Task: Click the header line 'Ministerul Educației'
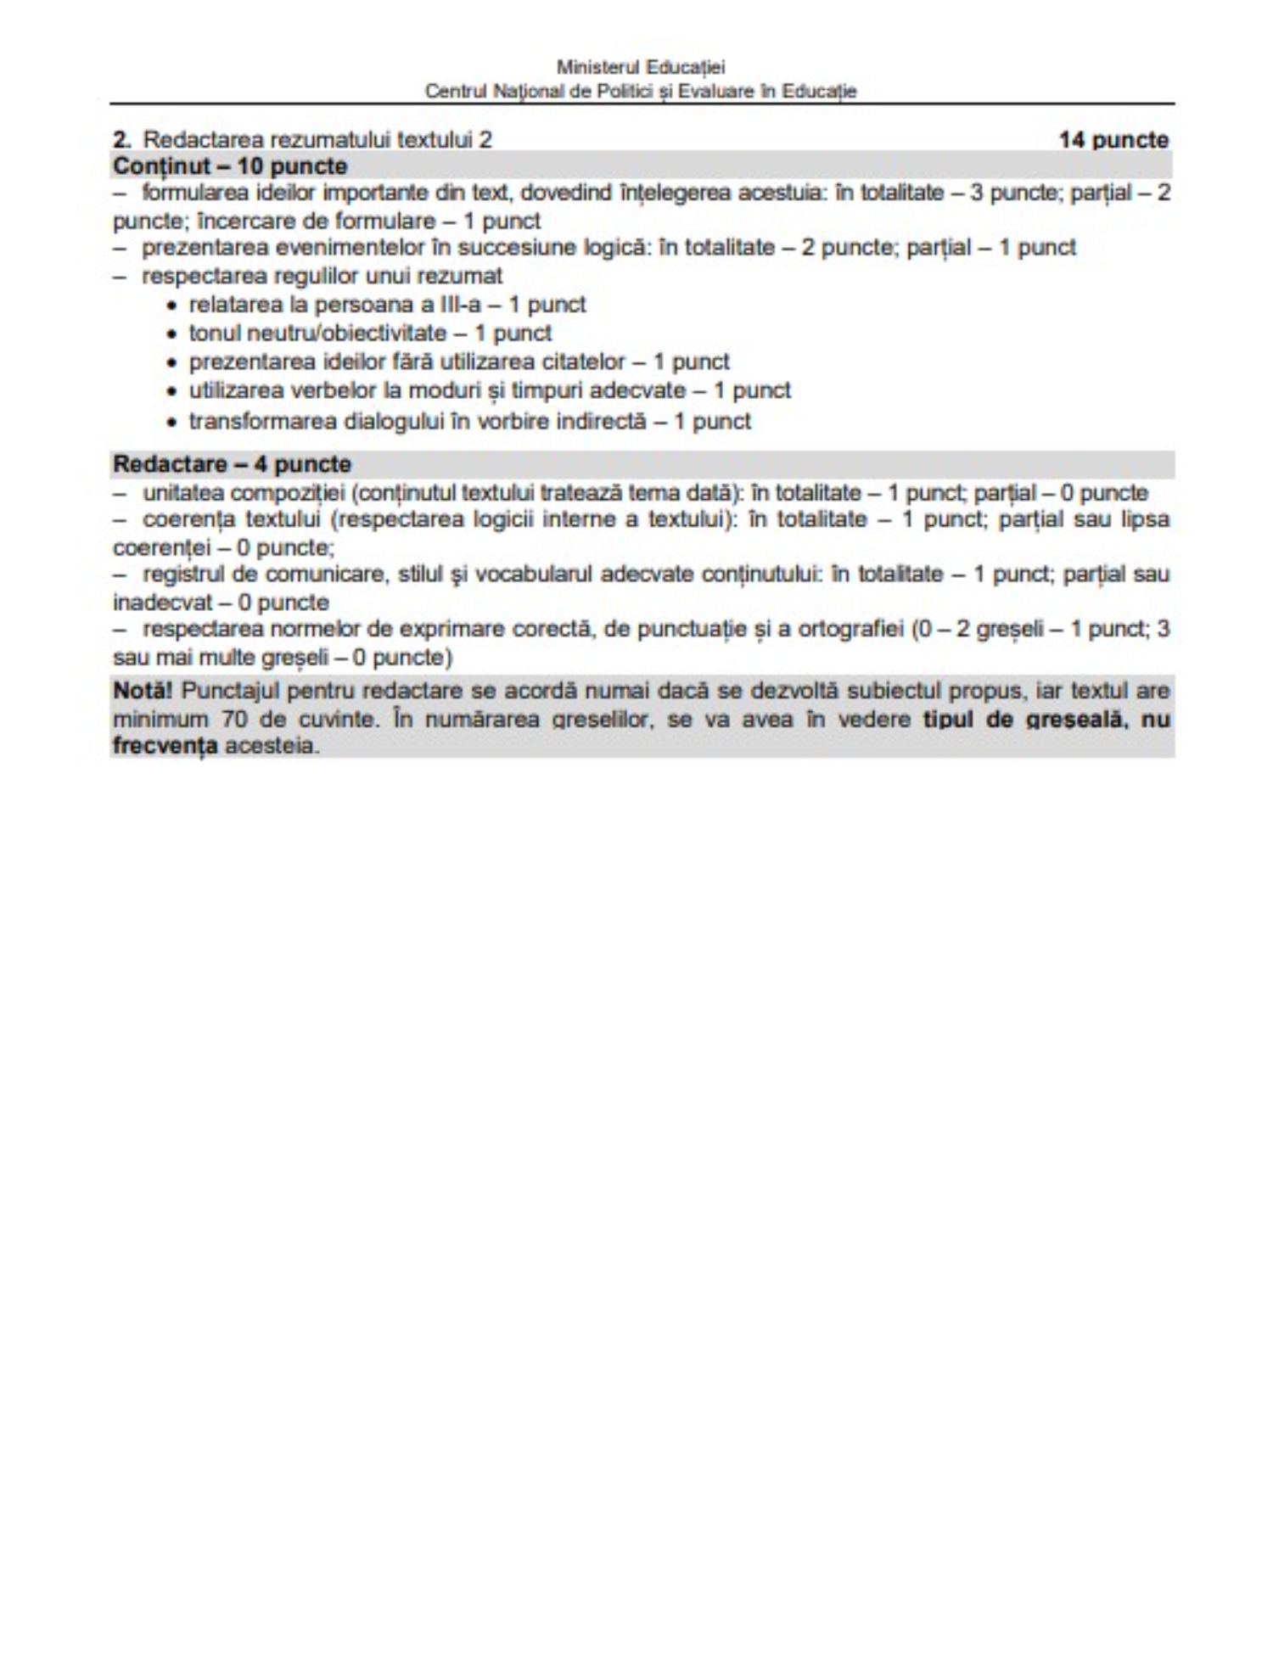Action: [641, 67]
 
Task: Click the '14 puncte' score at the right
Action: [1113, 140]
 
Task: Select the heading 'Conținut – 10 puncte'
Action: [230, 166]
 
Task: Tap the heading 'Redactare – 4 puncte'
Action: [232, 464]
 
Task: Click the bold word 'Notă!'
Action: [142, 690]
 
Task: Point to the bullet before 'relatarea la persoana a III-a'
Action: [173, 305]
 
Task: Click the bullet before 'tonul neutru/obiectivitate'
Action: [173, 334]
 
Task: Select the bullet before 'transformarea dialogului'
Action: [173, 423]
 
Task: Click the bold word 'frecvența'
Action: [165, 746]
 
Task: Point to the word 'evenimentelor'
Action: [350, 248]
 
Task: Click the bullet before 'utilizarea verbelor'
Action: [173, 392]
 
